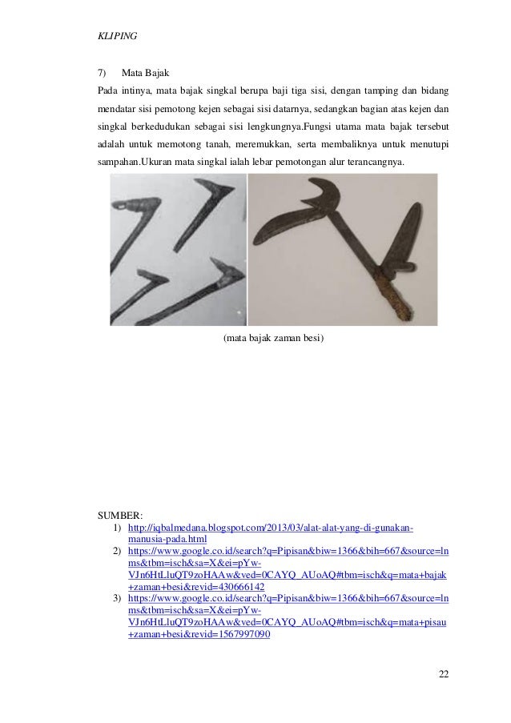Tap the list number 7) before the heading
pos(103,73)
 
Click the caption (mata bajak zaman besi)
pos(273,338)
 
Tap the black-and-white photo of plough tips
pos(178,249)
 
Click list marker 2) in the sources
pos(117,552)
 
